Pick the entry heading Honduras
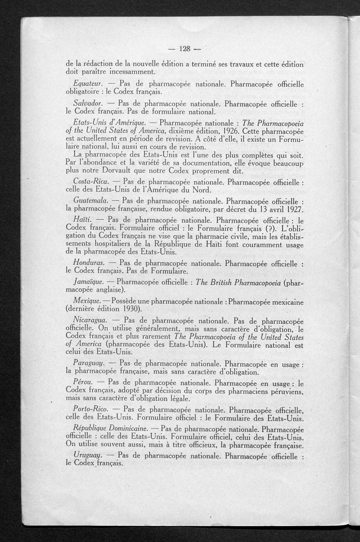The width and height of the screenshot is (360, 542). [89, 263]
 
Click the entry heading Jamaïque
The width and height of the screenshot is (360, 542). [88, 283]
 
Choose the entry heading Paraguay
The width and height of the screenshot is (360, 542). [89, 363]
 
